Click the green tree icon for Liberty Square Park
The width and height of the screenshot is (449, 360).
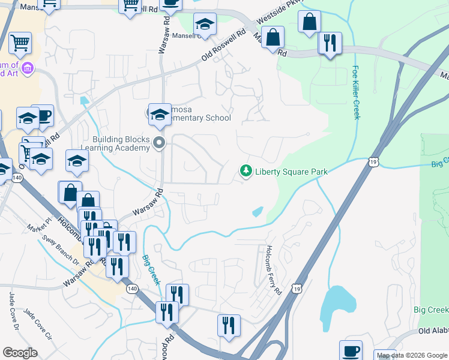click(246, 172)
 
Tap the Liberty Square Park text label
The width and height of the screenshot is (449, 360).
click(291, 172)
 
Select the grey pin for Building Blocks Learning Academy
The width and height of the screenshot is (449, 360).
click(159, 143)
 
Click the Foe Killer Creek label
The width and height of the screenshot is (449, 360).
click(356, 92)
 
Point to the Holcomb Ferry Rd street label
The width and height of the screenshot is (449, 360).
click(273, 270)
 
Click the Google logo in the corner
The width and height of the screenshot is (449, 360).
click(20, 353)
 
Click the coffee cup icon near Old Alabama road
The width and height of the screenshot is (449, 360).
click(351, 351)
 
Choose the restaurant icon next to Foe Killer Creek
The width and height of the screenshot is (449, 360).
click(330, 44)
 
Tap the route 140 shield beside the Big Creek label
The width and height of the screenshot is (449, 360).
click(132, 289)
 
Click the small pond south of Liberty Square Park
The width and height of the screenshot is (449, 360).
click(257, 212)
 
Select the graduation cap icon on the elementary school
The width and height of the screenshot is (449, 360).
click(160, 114)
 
